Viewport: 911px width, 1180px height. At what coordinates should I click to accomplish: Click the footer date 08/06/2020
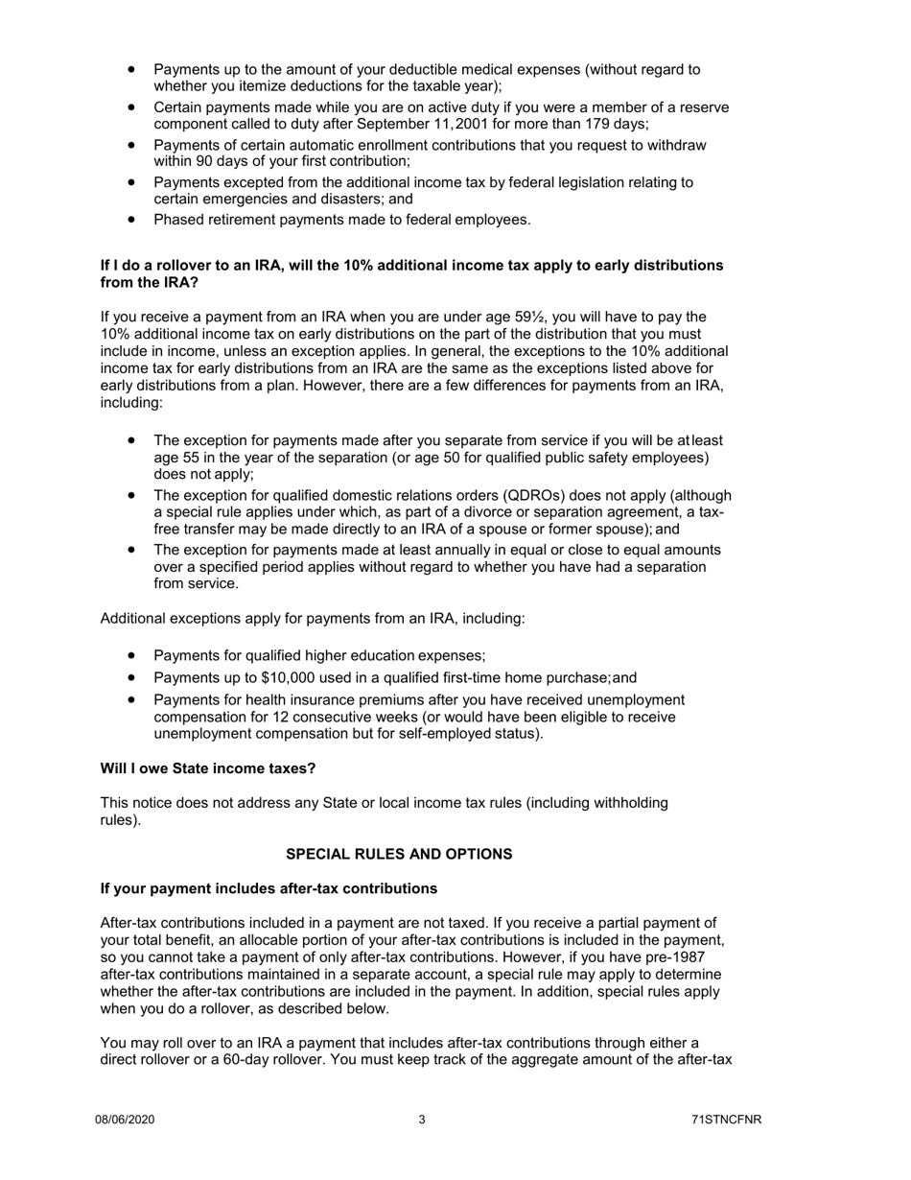(x=125, y=1120)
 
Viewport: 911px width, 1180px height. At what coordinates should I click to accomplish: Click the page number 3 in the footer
(x=422, y=1120)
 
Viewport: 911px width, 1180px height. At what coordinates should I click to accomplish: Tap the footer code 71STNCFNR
(x=726, y=1120)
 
